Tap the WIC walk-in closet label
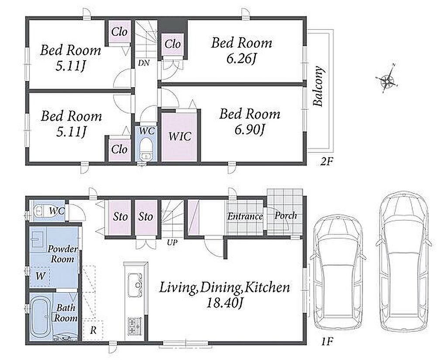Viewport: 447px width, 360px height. [x=179, y=136]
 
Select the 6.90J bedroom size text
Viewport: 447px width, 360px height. [x=250, y=130]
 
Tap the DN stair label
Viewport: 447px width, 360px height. [x=144, y=63]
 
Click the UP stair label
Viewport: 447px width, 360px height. [x=172, y=243]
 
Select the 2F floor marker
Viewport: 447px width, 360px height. [x=327, y=162]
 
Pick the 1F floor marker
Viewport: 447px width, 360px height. [x=327, y=342]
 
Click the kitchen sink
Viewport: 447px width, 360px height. [x=134, y=285]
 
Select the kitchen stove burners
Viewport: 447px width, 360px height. [x=134, y=326]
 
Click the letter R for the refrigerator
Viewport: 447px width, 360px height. [x=93, y=330]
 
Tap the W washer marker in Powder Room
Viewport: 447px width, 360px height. [x=41, y=276]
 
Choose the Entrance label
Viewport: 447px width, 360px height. [x=245, y=217]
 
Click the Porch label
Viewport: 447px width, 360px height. [x=285, y=216]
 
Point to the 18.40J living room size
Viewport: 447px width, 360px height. [x=224, y=303]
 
